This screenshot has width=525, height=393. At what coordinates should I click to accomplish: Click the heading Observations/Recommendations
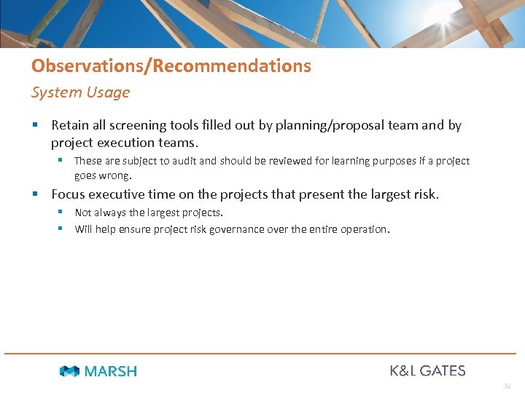point(171,66)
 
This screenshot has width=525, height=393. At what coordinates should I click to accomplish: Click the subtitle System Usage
point(80,92)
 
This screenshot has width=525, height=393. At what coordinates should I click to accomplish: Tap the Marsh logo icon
point(69,371)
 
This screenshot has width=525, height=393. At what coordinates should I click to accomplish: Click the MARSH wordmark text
point(111,371)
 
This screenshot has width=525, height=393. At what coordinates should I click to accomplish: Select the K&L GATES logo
point(427,370)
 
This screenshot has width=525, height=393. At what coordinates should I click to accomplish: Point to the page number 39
point(507,386)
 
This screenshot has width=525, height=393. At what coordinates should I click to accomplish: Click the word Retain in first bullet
point(71,125)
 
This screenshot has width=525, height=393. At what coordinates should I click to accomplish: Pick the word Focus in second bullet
point(68,194)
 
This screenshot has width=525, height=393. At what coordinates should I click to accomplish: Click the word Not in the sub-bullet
point(83,213)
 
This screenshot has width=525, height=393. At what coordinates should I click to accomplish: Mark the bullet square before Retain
point(35,125)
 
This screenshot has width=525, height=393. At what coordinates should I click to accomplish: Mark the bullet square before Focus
point(35,194)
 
